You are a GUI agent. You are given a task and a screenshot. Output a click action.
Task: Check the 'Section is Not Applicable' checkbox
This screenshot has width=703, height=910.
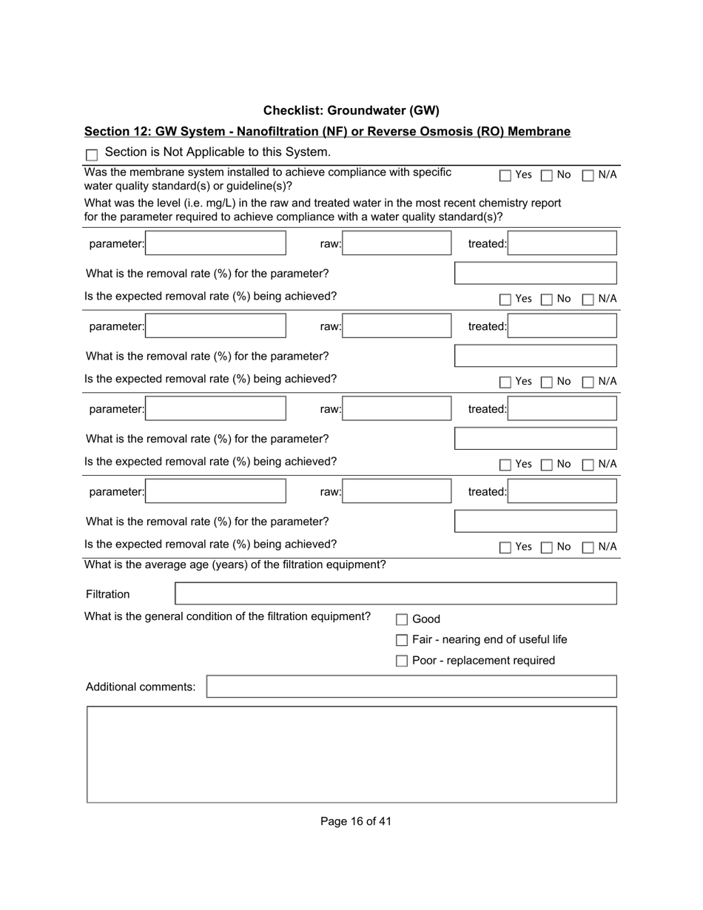[x=92, y=155]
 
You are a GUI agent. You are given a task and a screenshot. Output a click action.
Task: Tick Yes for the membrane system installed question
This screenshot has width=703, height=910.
[x=505, y=175]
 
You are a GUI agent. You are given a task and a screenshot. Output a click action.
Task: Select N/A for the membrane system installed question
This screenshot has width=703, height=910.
[x=588, y=175]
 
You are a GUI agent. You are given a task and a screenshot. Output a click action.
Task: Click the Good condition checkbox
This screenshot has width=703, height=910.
[x=402, y=620]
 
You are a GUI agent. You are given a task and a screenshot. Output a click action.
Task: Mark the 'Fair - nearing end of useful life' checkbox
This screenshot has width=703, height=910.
[x=402, y=640]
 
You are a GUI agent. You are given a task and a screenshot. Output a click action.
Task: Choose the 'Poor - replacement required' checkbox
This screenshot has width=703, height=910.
[x=402, y=661]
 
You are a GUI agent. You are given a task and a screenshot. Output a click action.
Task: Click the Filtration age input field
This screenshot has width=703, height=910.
[x=395, y=593]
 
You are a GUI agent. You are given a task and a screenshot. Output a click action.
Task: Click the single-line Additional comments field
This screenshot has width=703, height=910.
[x=411, y=687]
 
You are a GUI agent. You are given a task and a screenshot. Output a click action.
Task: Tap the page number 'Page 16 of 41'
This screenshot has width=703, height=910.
[x=355, y=821]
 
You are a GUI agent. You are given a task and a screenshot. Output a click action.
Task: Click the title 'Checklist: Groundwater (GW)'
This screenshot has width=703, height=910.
[x=351, y=110]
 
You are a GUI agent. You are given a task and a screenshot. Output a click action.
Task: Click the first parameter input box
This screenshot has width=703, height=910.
[x=215, y=243]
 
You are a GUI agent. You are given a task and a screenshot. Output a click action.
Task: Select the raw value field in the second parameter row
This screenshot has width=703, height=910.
[x=397, y=326]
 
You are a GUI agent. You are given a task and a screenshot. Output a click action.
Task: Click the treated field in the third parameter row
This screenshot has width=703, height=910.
[x=562, y=409]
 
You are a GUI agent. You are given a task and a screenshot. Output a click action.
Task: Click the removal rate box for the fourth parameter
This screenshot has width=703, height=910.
[x=535, y=521]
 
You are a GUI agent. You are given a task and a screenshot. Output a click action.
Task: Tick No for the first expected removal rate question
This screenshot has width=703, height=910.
[x=547, y=300]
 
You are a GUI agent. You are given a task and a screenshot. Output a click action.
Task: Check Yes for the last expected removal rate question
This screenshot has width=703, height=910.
[x=505, y=547]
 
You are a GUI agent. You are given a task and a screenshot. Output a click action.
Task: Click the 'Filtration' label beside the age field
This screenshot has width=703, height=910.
[x=107, y=594]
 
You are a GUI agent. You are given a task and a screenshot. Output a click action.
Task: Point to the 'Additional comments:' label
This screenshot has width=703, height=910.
[x=141, y=687]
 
